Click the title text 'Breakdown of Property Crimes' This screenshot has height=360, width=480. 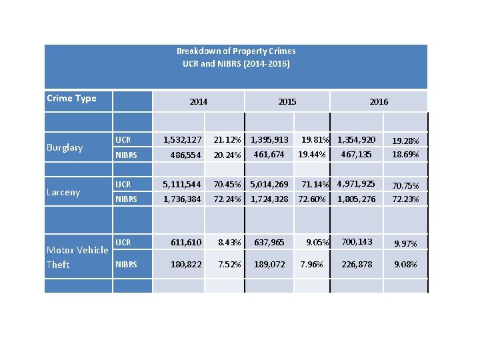pyautogui.click(x=236, y=51)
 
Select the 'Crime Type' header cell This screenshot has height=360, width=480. pyautogui.click(x=71, y=99)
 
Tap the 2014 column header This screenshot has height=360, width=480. pyautogui.click(x=198, y=102)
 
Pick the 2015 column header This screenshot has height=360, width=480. pyautogui.click(x=287, y=102)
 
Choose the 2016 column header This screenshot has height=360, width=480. pyautogui.click(x=379, y=102)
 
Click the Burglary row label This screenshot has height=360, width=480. pyautogui.click(x=65, y=147)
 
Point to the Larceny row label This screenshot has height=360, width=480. pyautogui.click(x=63, y=192)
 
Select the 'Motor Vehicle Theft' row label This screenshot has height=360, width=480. pyautogui.click(x=77, y=257)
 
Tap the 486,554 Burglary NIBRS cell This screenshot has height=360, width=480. pyautogui.click(x=182, y=155)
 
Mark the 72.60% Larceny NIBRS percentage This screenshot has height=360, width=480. pyautogui.click(x=312, y=199)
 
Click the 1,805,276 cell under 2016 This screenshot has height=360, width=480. pyautogui.click(x=356, y=199)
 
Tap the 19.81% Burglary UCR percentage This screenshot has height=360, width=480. pyautogui.click(x=316, y=140)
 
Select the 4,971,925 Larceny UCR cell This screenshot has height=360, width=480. pyautogui.click(x=356, y=183)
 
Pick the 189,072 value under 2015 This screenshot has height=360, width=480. pyautogui.click(x=269, y=265)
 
